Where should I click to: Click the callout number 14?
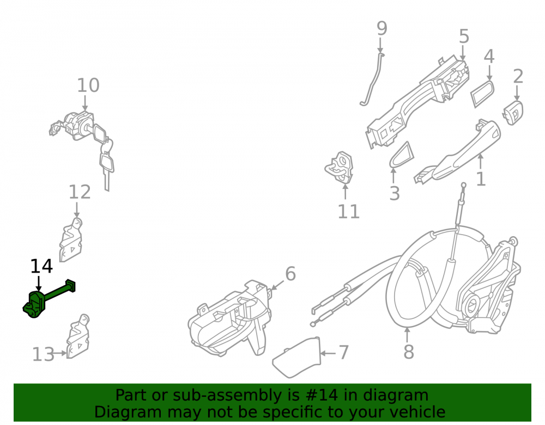41,267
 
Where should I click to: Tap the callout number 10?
88,85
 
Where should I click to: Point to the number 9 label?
381,28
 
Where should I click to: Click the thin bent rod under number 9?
372,80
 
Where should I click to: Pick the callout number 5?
464,36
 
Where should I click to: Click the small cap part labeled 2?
513,113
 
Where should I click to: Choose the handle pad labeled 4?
482,93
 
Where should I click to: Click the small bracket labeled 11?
340,168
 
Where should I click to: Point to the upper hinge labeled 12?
71,239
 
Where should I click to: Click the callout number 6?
290,274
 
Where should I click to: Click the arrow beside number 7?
328,354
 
